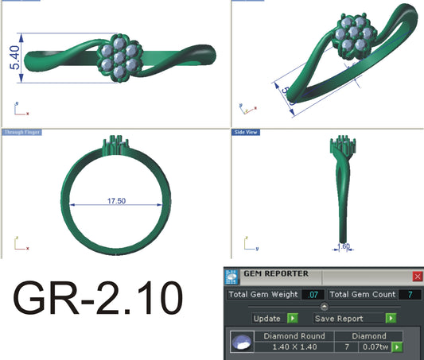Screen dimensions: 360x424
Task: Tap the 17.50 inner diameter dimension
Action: click(116, 201)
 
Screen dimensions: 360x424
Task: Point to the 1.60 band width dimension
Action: click(345, 246)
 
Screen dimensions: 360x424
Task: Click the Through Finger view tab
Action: click(21, 131)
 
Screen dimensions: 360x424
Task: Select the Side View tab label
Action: click(244, 131)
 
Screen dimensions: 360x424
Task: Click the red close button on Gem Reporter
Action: click(418, 277)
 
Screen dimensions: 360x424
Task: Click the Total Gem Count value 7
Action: click(409, 295)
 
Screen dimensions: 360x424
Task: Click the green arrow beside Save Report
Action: click(390, 318)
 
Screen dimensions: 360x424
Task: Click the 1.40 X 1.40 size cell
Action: click(294, 347)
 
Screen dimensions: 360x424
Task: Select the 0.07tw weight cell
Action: click(373, 347)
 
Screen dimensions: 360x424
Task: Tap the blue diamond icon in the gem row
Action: click(237, 343)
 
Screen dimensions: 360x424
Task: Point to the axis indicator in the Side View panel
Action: click(240, 241)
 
